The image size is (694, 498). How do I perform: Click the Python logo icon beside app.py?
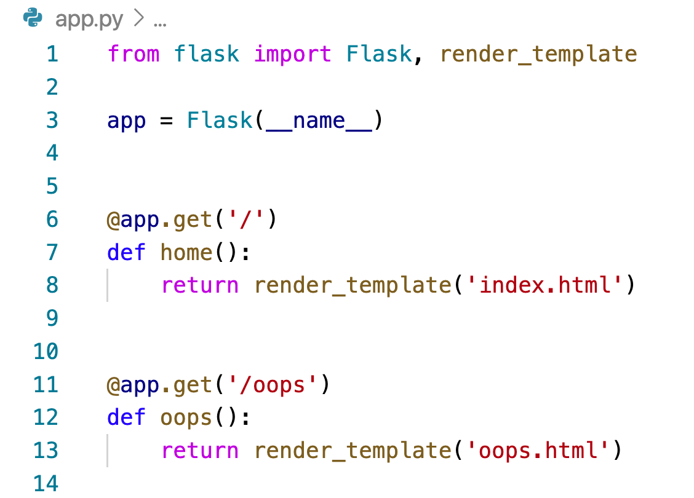click(32, 19)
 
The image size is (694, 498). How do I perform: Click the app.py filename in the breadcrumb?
click(89, 20)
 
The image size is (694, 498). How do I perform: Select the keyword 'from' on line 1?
click(134, 54)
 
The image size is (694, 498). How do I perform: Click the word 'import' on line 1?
click(293, 54)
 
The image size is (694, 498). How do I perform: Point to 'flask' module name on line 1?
click(207, 54)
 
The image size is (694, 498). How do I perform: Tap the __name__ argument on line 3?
click(319, 120)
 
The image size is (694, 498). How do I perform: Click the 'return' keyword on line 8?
click(200, 285)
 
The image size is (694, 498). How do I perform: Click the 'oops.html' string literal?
click(539, 451)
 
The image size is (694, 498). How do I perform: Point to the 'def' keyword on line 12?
click(126, 418)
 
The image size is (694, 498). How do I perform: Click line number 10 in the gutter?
click(46, 352)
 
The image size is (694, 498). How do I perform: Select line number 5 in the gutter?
click(52, 186)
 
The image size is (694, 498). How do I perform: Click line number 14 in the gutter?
click(46, 484)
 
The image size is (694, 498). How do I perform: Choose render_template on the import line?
click(538, 54)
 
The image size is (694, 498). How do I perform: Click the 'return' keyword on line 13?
click(200, 451)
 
